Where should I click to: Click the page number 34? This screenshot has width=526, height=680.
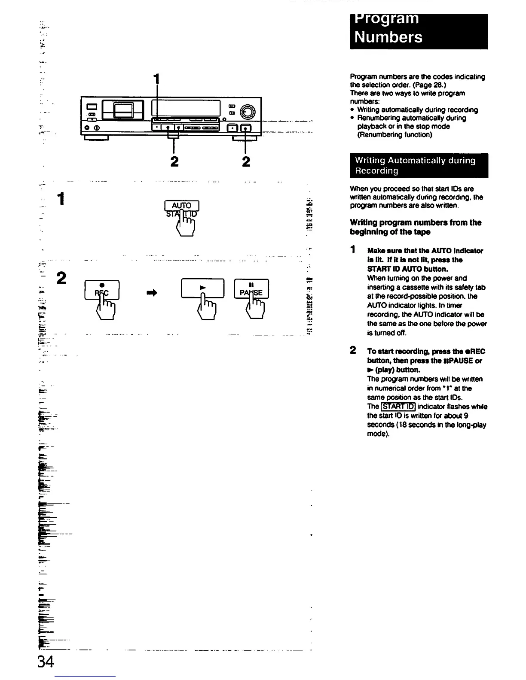(x=45, y=662)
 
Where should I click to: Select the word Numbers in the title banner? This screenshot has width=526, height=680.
(x=388, y=37)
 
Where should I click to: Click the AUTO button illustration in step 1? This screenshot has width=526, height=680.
(x=182, y=206)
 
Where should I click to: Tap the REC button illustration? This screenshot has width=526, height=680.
(x=102, y=289)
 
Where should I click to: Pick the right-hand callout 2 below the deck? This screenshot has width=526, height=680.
(x=246, y=161)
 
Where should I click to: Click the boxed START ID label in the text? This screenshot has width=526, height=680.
(x=398, y=407)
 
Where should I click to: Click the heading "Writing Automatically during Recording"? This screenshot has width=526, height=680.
(x=415, y=166)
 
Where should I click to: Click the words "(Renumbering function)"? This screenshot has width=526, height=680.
(x=394, y=135)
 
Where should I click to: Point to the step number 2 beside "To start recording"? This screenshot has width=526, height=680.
(x=353, y=350)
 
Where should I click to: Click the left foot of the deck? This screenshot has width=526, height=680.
(x=95, y=138)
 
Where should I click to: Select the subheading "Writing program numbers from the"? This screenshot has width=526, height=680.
(x=416, y=223)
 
